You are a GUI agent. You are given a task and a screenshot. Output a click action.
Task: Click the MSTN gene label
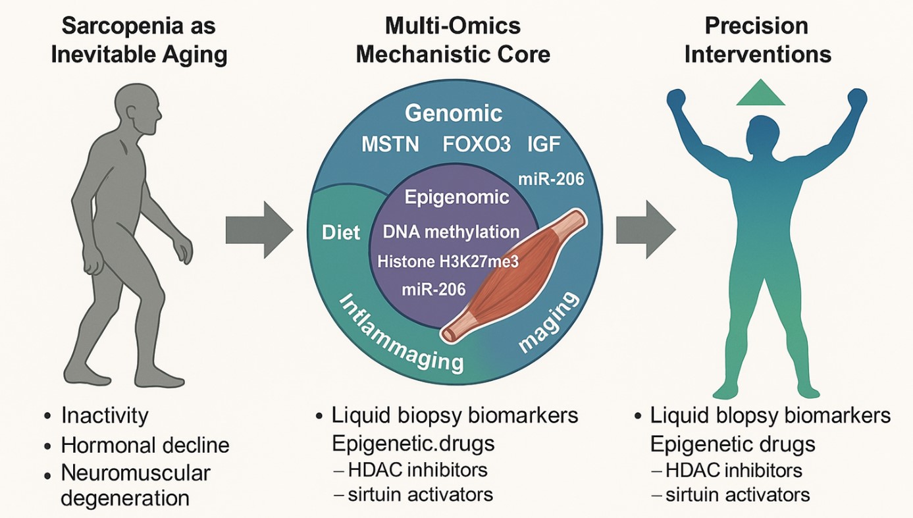point(390,145)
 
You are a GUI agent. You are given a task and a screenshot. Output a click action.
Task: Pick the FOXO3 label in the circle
point(477,145)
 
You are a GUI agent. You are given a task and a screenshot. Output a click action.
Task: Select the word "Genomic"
point(454,113)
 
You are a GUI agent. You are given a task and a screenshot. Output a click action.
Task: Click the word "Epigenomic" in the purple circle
point(447,197)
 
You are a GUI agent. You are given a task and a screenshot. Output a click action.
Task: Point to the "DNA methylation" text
point(451,232)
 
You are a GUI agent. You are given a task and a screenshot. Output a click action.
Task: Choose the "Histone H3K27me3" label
point(448,261)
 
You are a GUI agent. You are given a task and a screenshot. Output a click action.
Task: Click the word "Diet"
point(341,232)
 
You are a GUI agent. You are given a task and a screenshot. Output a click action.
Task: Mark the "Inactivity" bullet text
point(105,415)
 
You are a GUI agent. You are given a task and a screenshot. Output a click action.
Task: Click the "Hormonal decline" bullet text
point(145,445)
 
